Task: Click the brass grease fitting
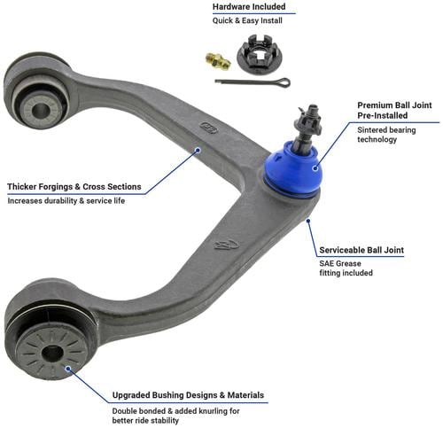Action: [218, 61]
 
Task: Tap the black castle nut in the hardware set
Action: [260, 53]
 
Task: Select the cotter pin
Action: [253, 82]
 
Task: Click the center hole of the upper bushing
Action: [41, 110]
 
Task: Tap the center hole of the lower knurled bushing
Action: [52, 354]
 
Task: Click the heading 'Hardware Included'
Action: [249, 7]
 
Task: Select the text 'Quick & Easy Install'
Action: [247, 20]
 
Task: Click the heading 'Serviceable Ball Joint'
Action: [361, 250]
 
